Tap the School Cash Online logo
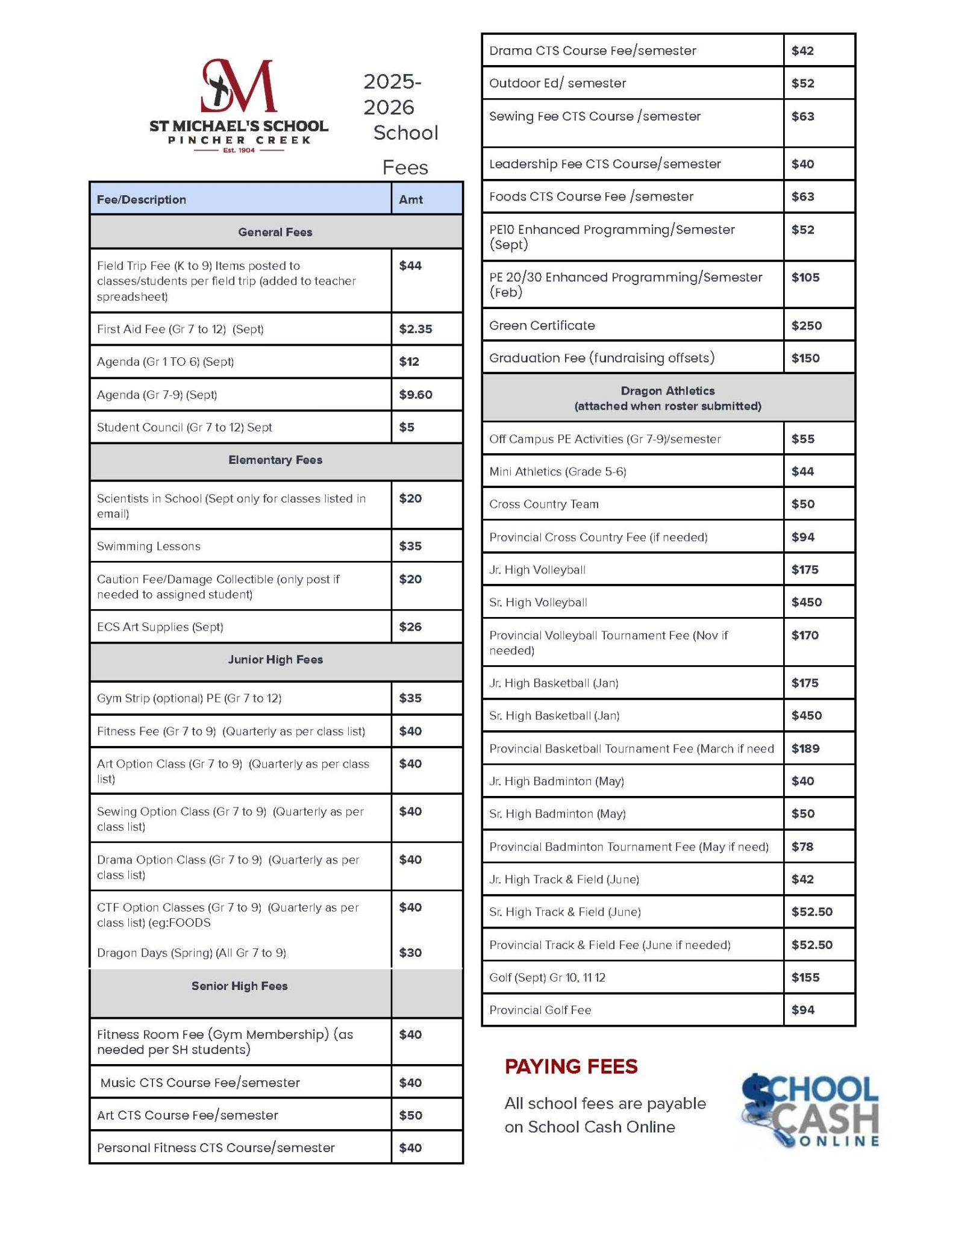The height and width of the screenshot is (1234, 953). coord(810,1110)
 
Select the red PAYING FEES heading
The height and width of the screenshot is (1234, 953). coord(570,1066)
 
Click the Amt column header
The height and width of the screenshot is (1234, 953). coord(410,199)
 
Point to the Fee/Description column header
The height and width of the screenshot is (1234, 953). coord(142,199)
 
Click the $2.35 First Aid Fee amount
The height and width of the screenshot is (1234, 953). coord(415,329)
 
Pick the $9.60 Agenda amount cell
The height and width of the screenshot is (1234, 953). coord(415,395)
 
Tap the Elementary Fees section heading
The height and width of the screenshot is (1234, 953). coord(275,460)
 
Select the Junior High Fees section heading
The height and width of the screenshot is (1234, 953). coord(275,660)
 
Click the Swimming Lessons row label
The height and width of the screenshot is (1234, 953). coord(149,547)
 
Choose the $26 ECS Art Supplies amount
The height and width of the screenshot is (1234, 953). coord(410,627)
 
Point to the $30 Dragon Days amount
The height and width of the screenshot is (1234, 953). coord(410,953)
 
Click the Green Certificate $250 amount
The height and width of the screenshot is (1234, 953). coord(806,325)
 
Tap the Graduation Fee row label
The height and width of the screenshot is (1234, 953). coord(602,358)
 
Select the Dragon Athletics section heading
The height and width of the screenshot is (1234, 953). coord(667,398)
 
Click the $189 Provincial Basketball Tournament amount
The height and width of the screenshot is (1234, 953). coord(805,748)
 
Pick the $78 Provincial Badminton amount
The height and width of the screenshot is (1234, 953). coord(802,847)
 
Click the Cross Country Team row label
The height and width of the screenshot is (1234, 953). coord(544,504)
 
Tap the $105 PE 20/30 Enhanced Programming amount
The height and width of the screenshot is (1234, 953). coord(805,277)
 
